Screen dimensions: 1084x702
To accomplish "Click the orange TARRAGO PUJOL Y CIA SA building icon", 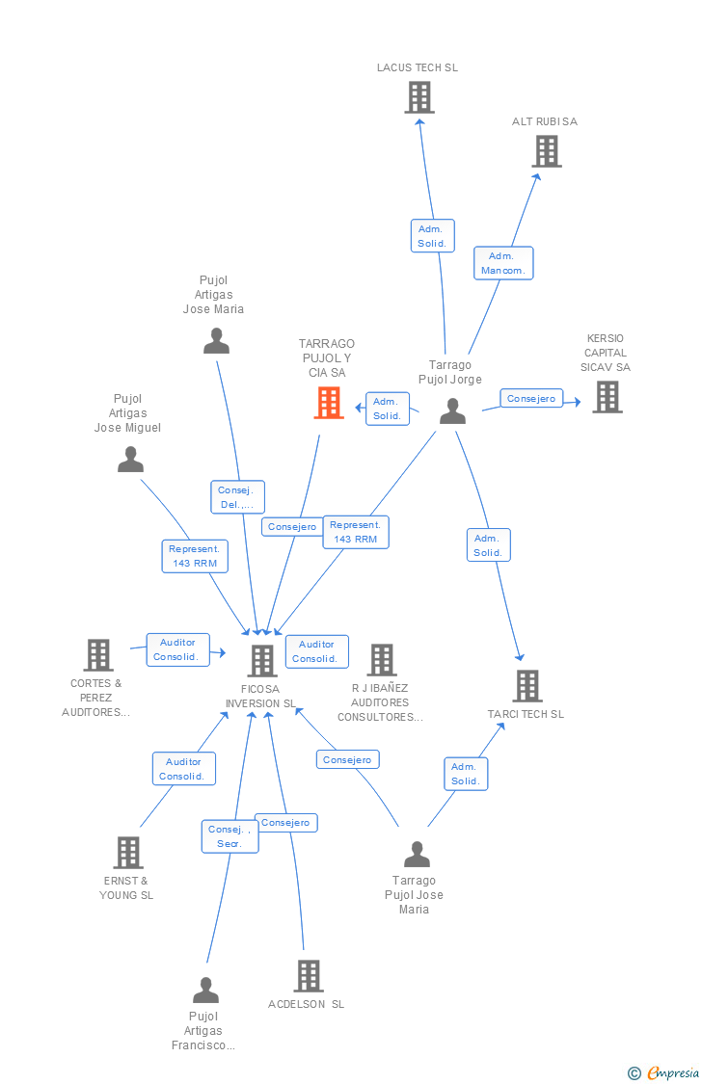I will click(x=329, y=403).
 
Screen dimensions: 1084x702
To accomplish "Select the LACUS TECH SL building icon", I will click(x=419, y=97).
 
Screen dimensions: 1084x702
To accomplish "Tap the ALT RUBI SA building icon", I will click(x=547, y=151).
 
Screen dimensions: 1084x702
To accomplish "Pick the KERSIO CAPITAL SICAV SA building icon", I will click(x=607, y=396).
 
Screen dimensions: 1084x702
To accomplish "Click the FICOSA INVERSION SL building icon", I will click(x=262, y=661).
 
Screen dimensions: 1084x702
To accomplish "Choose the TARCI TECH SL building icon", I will click(x=526, y=686).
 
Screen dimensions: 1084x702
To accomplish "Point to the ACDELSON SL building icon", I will click(x=308, y=976).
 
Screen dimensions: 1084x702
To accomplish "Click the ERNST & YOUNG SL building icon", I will click(x=128, y=853).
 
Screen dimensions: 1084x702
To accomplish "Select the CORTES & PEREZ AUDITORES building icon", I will click(x=98, y=655).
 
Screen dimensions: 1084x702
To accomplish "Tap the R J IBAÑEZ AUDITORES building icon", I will click(x=382, y=660).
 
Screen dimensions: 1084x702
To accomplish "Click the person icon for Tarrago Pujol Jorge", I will click(x=452, y=411).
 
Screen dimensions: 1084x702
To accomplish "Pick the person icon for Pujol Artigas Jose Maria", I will click(x=216, y=341).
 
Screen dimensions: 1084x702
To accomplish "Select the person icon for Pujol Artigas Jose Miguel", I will click(x=130, y=460).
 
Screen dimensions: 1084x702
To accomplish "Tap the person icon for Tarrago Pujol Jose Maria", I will click(x=417, y=855).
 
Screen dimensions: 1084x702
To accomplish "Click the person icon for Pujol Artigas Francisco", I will click(x=205, y=991).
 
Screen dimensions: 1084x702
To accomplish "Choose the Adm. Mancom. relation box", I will click(x=503, y=263).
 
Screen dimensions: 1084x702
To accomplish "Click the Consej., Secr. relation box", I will click(x=229, y=836).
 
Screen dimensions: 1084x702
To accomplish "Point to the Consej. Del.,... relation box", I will click(x=237, y=497).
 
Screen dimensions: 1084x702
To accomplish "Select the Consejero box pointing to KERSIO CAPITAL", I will click(x=531, y=398).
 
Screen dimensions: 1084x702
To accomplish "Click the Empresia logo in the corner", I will click(x=664, y=1072).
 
